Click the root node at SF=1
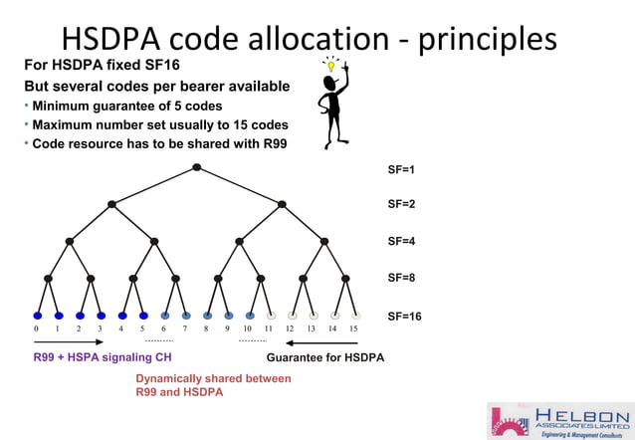point(197,166)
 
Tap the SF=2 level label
point(401,204)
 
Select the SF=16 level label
point(404,317)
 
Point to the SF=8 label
point(401,280)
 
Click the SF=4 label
point(401,241)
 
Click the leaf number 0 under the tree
point(37,329)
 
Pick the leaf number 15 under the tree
point(353,329)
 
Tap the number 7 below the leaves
point(185,329)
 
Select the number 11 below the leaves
point(269,329)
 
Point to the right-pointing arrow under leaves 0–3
point(69,341)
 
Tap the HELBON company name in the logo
point(582,414)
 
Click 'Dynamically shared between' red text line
point(213,378)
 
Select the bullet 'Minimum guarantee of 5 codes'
point(126,106)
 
